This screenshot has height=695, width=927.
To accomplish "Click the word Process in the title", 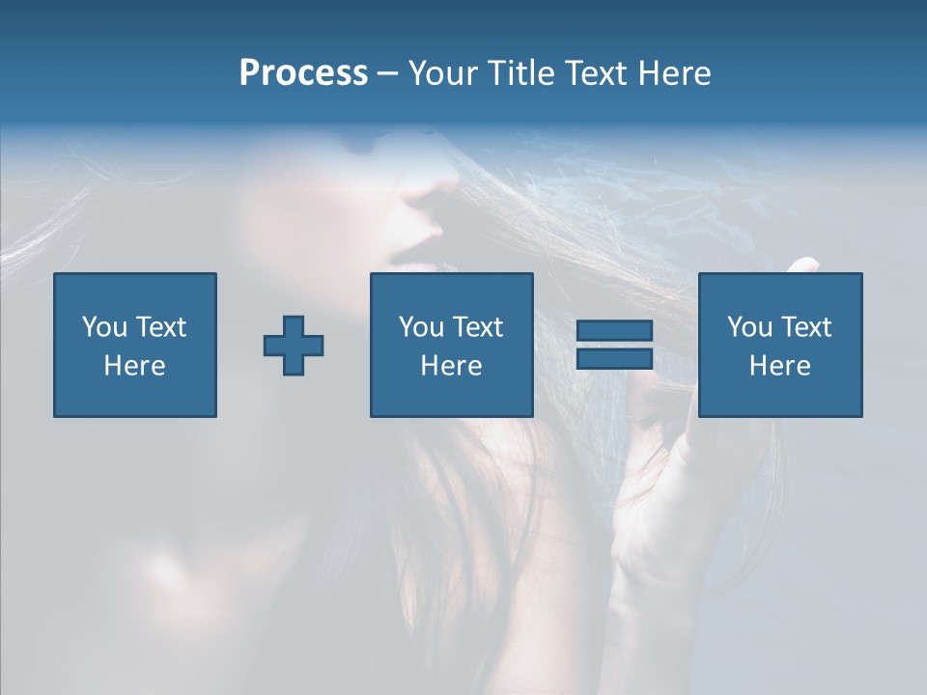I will point(303,73).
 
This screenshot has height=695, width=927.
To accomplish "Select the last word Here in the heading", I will point(673,73).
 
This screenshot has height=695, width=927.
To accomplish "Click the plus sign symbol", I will point(294,346).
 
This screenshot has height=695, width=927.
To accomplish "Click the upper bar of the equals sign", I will point(614,331).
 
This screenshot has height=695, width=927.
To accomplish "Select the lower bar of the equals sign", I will point(614,358).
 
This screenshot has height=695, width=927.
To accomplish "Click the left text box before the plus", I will point(135,345).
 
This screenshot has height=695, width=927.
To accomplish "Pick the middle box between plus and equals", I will point(451,345).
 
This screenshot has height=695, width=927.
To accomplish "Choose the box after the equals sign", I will point(779,345).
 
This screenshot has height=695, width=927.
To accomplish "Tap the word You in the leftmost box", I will point(105,327).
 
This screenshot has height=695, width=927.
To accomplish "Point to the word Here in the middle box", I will point(451,366).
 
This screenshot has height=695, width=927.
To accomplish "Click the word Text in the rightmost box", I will point(806,327).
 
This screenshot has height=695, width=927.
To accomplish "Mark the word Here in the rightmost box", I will point(779,366).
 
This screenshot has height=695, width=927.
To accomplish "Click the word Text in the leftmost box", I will point(160,327).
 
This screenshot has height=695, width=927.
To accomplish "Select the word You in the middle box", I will point(422,327).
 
